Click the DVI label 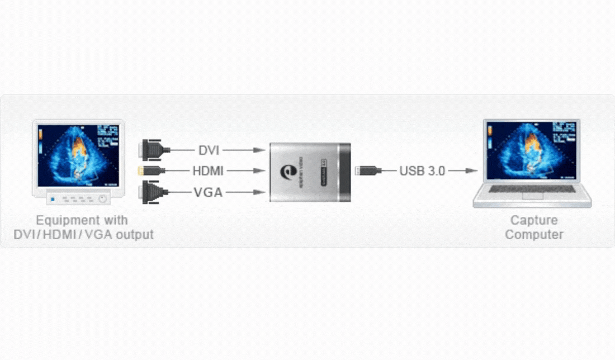point(209,150)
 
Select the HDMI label point(208,171)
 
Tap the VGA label point(208,192)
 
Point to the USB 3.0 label point(422,171)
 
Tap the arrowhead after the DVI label point(259,150)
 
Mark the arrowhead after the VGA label point(259,192)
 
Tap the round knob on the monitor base point(102,198)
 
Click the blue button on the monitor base point(53,198)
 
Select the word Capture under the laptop point(534,220)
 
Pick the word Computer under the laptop point(534,235)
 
